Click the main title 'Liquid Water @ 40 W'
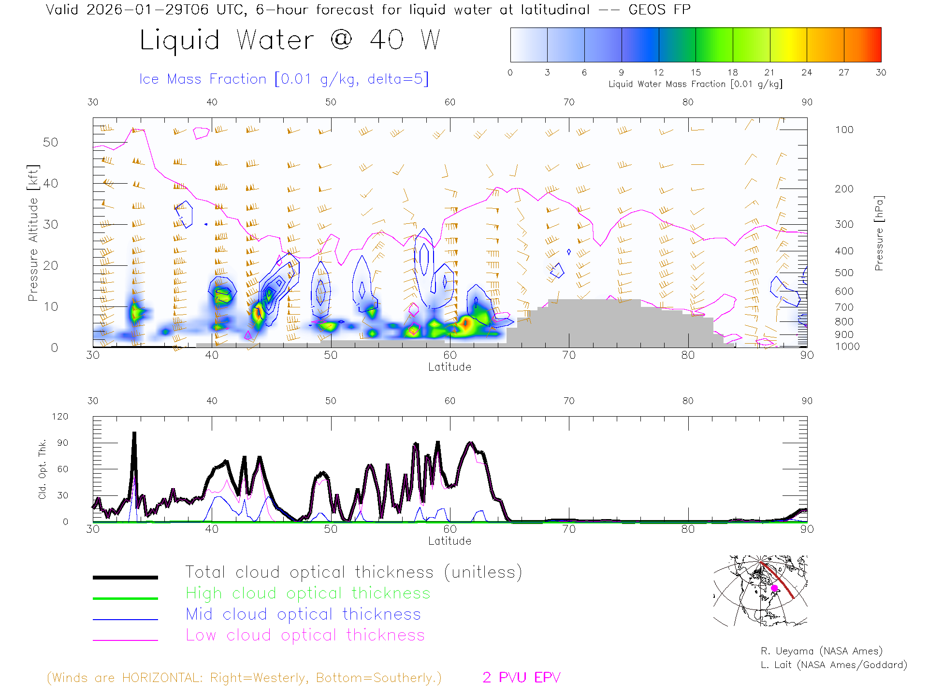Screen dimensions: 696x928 [290, 40]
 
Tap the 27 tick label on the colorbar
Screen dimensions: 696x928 [843, 72]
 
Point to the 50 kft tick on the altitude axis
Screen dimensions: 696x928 [50, 142]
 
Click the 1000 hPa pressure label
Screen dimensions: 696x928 [847, 347]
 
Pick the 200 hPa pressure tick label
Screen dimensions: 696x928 [844, 189]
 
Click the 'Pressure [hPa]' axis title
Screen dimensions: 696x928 [879, 233]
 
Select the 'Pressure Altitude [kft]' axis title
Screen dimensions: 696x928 [33, 233]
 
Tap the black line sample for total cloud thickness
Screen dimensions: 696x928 [125, 577]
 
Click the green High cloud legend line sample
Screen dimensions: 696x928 [125, 598]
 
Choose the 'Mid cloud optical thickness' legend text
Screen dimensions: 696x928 [303, 614]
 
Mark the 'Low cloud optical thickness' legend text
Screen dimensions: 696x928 [305, 635]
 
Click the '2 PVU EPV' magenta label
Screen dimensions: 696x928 [521, 678]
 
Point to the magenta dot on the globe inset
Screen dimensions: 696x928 [774, 588]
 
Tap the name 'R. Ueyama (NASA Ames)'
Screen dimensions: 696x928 [821, 651]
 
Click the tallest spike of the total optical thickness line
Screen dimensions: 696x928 [134, 434]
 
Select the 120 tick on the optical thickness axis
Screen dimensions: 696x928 [60, 417]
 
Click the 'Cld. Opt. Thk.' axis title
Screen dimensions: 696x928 [43, 469]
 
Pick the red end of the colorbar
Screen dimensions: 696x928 [877, 44]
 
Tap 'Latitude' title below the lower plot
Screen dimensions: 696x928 [449, 541]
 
